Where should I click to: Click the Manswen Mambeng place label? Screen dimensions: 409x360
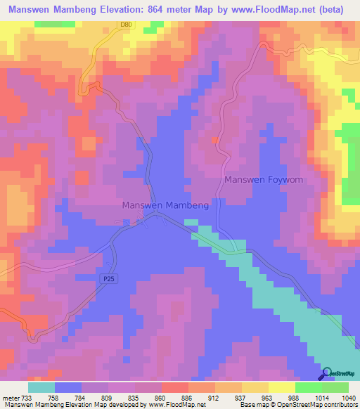pos(165,205)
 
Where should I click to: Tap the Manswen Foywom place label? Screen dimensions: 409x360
pos(264,180)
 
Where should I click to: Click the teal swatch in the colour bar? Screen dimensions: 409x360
pos(41,387)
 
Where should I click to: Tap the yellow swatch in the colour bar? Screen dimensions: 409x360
pos(281,387)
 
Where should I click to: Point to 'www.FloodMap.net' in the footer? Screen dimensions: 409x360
pos(174,405)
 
